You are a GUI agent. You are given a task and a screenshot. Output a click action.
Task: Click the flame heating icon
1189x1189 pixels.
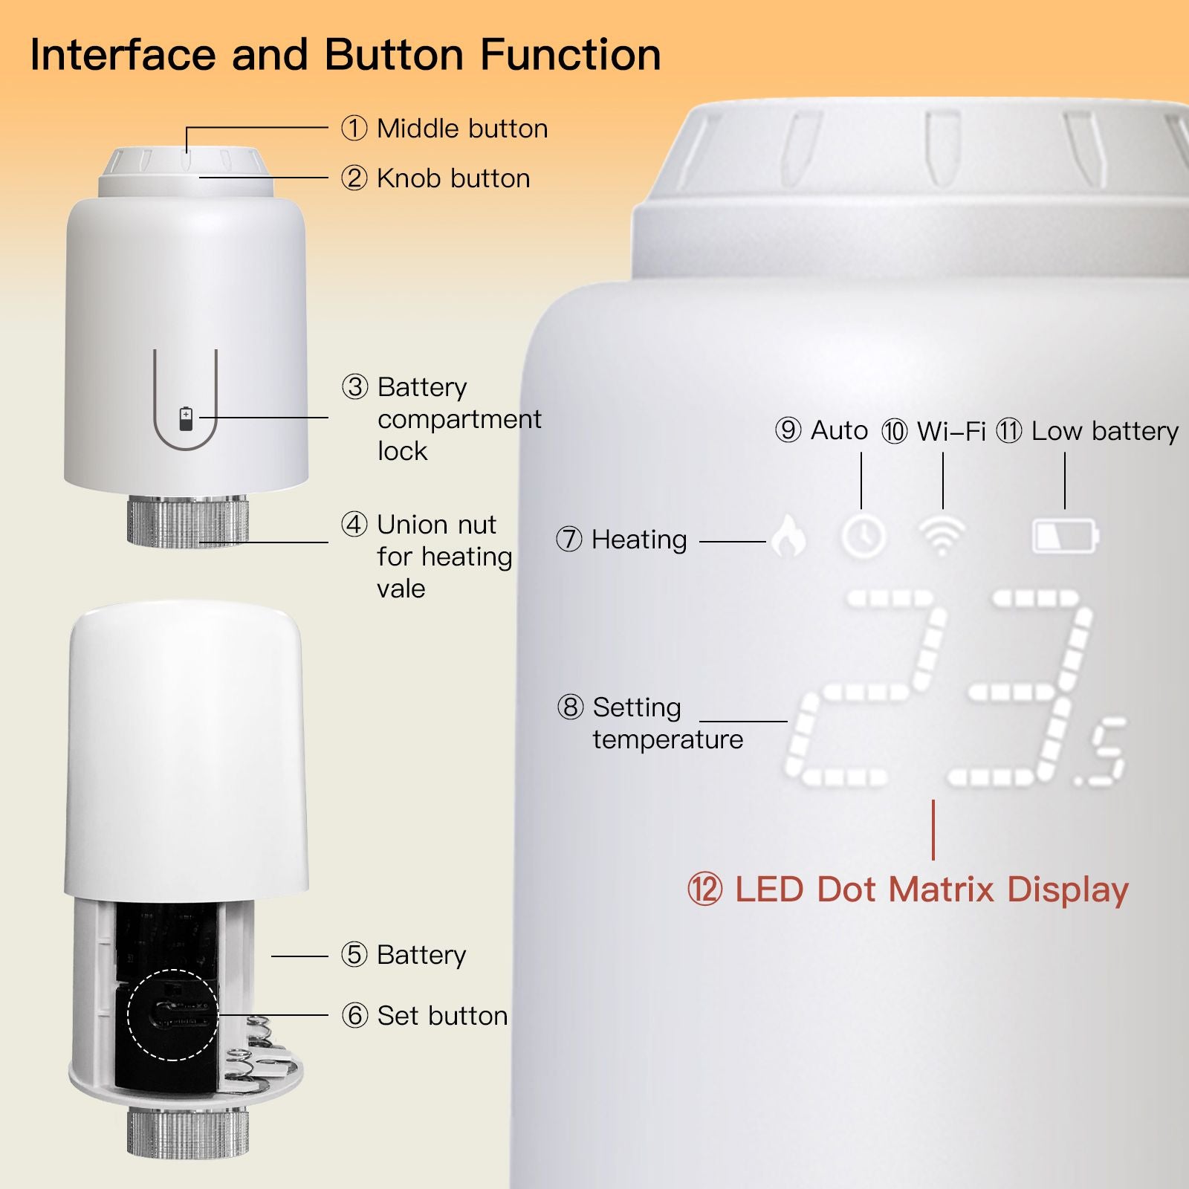click(x=788, y=535)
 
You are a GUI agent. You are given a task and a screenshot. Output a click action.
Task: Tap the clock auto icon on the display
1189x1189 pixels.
click(x=864, y=536)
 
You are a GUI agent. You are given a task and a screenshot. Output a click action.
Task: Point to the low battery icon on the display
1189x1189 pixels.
click(x=1066, y=536)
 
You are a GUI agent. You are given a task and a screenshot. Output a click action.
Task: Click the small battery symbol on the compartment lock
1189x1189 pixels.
click(x=186, y=418)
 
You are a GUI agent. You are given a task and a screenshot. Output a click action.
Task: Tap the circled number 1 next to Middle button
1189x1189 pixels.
click(x=354, y=128)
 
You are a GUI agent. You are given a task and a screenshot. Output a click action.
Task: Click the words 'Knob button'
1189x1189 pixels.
click(x=453, y=178)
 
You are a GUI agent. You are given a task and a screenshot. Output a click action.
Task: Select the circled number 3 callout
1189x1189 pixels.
click(x=354, y=386)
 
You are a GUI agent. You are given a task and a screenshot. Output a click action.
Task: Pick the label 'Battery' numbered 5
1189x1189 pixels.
click(x=421, y=955)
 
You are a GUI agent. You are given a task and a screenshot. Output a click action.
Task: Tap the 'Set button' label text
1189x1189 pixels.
click(x=442, y=1016)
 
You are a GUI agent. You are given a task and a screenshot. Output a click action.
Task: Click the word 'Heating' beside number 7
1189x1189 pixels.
click(x=639, y=540)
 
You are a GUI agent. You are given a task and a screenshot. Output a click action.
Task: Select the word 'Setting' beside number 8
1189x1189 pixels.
click(x=637, y=708)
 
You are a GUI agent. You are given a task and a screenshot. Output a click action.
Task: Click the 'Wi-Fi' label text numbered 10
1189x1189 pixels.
click(x=951, y=431)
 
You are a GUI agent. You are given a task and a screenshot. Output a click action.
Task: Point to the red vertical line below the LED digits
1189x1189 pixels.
click(x=933, y=830)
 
